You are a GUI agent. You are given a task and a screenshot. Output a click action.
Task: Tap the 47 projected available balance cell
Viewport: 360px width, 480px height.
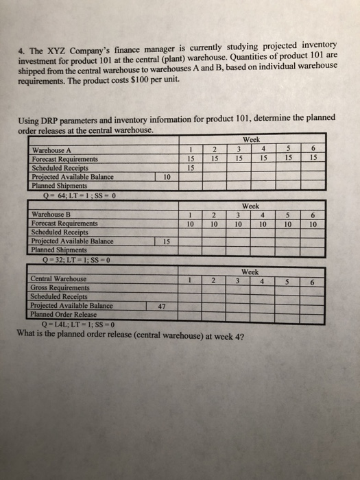pyautogui.click(x=163, y=306)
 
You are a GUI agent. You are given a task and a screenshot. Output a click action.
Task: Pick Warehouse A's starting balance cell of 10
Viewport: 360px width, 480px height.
pyautogui.click(x=168, y=176)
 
